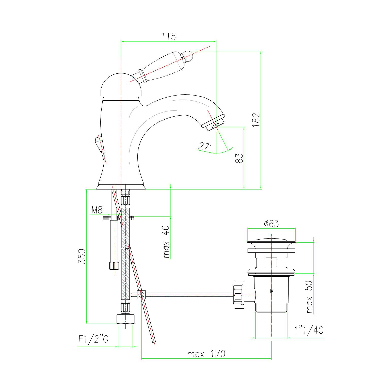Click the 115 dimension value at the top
point(168,37)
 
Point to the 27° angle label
point(205,146)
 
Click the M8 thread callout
point(97,210)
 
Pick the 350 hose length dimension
point(82,257)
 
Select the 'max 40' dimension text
point(166,242)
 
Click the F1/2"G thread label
point(93,340)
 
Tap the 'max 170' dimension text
point(206,354)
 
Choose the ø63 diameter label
point(271,224)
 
